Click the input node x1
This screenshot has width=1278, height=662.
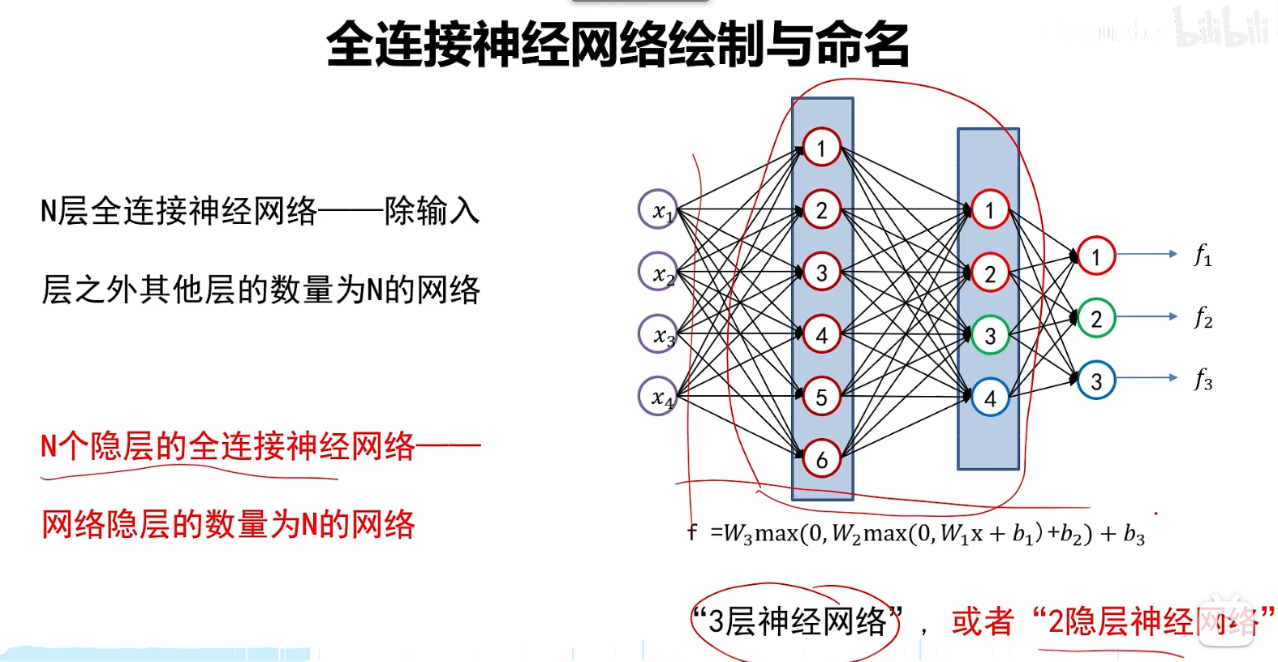click(658, 209)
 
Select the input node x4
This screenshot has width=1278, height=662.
click(658, 396)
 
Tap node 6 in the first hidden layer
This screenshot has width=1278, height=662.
click(821, 459)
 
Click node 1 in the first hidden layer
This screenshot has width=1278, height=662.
click(821, 148)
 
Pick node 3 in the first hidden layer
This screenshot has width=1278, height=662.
click(821, 273)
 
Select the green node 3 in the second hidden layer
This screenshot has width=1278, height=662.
click(989, 335)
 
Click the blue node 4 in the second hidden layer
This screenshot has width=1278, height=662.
click(989, 398)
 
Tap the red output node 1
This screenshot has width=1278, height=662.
click(1096, 256)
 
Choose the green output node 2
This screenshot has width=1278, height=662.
click(1096, 318)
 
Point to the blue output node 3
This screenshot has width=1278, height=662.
click(1096, 380)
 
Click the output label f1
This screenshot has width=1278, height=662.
click(1203, 256)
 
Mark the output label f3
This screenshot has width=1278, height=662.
click(1203, 380)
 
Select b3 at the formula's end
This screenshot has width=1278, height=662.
click(1134, 534)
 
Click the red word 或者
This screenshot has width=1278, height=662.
click(982, 622)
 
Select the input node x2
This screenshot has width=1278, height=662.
click(658, 272)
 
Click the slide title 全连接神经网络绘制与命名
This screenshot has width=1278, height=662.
click(617, 44)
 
